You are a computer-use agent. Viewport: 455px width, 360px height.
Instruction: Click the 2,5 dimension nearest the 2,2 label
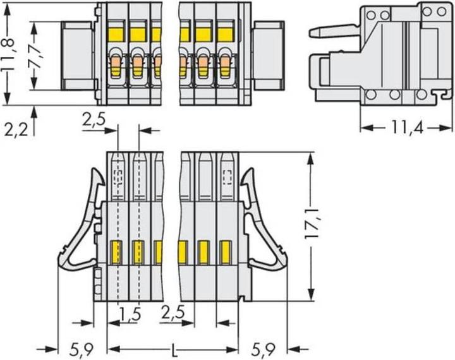(x=94, y=118)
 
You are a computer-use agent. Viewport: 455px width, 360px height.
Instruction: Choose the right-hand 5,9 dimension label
(x=266, y=349)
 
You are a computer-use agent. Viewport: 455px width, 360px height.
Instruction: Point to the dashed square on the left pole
(x=118, y=175)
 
